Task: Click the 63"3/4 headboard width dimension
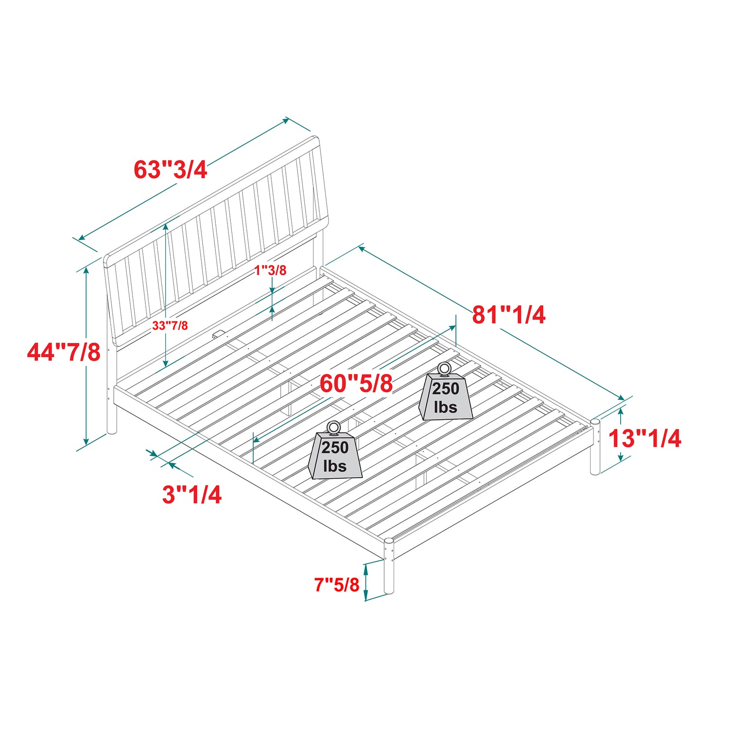point(171,170)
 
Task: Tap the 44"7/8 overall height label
point(64,352)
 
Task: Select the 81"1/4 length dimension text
point(509,315)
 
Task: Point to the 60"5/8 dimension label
point(356,384)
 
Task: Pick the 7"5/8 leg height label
point(336,584)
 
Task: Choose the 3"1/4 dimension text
point(192,495)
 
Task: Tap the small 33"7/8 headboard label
point(170,326)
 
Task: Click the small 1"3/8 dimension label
point(271,270)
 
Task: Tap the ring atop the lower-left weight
point(334,428)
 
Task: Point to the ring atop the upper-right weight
point(444,369)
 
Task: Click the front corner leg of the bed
point(389,566)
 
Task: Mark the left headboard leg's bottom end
point(112,431)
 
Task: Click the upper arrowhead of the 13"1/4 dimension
point(621,414)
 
